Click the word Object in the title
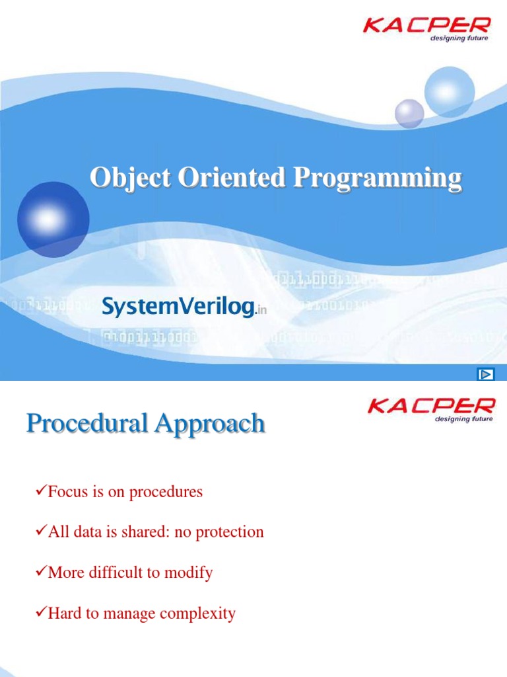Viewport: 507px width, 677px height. click(130, 178)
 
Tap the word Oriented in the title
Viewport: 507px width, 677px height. click(232, 177)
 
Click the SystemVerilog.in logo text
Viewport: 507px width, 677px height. click(184, 307)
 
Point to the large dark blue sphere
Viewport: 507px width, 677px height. click(53, 219)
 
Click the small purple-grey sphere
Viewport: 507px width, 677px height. click(409, 114)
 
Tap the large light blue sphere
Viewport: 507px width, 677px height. click(449, 91)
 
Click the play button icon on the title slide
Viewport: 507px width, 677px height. click(485, 374)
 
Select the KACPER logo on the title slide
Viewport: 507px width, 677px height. click(426, 29)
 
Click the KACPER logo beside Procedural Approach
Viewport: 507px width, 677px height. click(431, 410)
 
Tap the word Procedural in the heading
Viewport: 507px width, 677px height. click(86, 422)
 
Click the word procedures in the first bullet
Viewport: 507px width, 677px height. click(166, 492)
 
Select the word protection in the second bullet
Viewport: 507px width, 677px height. click(230, 532)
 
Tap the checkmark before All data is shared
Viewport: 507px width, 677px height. click(41, 530)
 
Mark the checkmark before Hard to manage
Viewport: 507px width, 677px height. click(41, 612)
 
